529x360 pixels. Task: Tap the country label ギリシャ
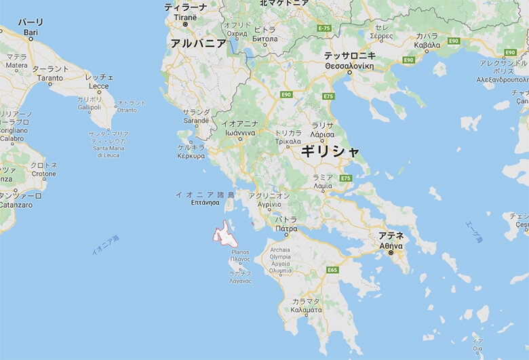click(331, 151)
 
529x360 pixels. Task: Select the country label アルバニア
click(198, 43)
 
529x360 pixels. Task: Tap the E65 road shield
click(332, 270)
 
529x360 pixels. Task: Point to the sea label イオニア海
click(105, 245)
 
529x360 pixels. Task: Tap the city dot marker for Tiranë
click(184, 24)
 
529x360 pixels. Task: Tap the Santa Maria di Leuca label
click(109, 143)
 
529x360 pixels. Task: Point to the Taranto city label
click(50, 73)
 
